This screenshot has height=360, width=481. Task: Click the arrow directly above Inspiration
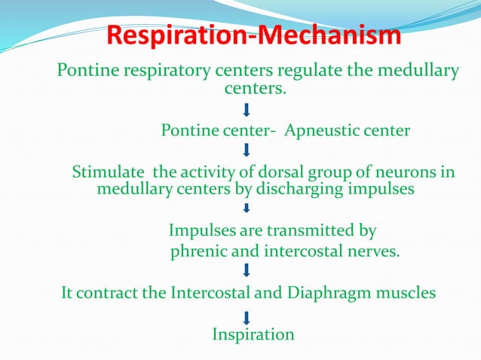(x=247, y=315)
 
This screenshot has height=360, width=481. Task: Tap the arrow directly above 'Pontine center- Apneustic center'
(x=247, y=111)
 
